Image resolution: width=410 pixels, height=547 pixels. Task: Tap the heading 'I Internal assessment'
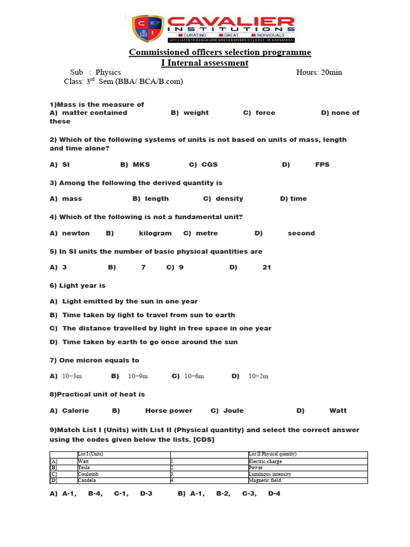click(204, 63)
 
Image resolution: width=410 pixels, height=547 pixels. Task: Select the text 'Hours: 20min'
click(319, 73)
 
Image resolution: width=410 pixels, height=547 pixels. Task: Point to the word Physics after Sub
click(108, 73)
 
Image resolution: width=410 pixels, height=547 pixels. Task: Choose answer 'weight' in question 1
click(196, 113)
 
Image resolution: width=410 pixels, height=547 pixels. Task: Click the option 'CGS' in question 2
click(209, 165)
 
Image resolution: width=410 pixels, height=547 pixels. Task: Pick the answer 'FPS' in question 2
click(322, 165)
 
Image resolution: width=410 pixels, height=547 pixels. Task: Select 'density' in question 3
click(229, 199)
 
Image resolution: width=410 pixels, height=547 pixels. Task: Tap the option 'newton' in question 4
click(76, 233)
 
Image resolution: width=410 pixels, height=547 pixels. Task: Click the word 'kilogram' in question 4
click(155, 233)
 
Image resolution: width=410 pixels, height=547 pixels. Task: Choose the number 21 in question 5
click(267, 267)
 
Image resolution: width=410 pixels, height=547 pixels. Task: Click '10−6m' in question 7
click(194, 376)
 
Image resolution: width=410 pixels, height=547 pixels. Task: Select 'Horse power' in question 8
click(169, 411)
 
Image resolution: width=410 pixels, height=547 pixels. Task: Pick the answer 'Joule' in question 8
click(233, 411)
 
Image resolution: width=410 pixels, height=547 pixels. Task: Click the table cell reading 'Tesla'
click(84, 468)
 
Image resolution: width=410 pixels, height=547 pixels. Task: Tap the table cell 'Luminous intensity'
click(270, 474)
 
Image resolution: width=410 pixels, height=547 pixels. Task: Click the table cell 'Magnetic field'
click(265, 481)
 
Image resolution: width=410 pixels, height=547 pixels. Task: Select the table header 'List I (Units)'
click(90, 455)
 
